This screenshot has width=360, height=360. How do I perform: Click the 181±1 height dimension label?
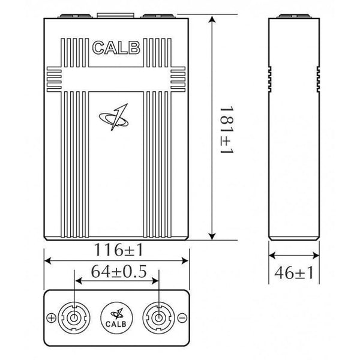tap(227, 130)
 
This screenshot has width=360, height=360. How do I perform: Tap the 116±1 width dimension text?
tap(118, 250)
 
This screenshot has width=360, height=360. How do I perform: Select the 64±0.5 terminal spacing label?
tap(119, 271)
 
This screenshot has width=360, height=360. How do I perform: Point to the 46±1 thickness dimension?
tap(293, 273)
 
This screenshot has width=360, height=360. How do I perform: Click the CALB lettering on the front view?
tap(116, 48)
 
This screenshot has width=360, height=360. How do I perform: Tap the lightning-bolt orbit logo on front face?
tap(114, 117)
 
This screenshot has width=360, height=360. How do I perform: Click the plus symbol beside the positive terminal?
tap(51, 318)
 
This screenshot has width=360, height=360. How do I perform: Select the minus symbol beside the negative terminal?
tap(182, 318)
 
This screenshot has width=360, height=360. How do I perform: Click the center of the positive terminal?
tap(74, 318)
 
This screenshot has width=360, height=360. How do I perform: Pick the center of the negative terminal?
tap(158, 318)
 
